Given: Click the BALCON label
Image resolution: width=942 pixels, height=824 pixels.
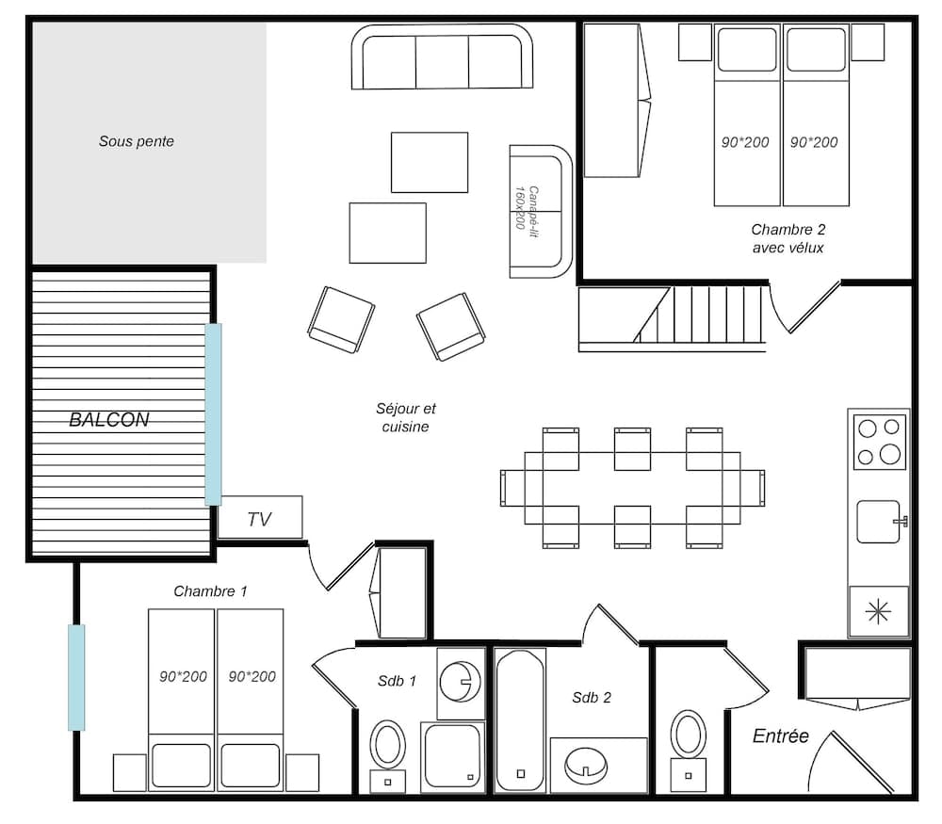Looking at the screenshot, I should point(109,420).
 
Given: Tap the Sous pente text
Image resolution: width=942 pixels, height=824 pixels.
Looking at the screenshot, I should point(137,142).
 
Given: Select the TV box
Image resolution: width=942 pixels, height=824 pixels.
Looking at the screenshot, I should point(260,518).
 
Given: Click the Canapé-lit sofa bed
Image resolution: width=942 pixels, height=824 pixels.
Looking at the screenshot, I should point(541,211).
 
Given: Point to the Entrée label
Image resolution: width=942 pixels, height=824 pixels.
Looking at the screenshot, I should point(781,736).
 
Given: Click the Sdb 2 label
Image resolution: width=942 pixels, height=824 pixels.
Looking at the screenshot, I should point(592,698).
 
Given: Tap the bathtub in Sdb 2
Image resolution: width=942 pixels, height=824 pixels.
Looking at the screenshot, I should point(521,719).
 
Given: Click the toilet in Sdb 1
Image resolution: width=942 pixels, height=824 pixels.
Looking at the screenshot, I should point(387,747).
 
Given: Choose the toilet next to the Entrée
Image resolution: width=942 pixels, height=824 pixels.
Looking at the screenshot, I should point(690,735).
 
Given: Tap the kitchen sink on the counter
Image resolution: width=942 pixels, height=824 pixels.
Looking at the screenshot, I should point(880,522).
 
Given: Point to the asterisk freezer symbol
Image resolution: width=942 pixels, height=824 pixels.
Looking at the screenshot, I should point(878,612).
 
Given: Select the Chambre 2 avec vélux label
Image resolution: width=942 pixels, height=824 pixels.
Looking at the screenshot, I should point(788,238).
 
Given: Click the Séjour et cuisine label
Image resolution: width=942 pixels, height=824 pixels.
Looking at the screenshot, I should point(406,418).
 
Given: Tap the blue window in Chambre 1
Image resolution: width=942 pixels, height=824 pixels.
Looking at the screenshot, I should point(76,677).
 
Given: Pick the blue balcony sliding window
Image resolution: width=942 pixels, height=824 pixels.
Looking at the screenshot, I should point(214,414).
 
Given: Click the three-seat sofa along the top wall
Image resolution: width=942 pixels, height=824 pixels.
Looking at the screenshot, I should point(442,57).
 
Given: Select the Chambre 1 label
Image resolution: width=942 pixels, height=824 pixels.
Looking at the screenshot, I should point(210,591).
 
